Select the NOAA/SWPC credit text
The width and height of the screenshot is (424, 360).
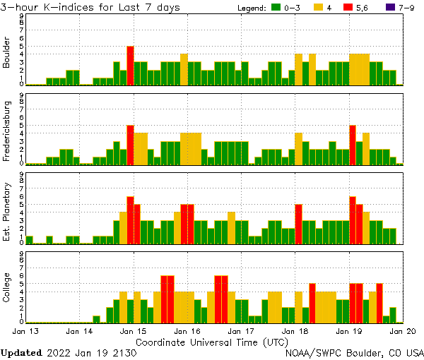pyautogui.click(x=354, y=352)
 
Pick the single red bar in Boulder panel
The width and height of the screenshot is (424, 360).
pyautogui.click(x=130, y=66)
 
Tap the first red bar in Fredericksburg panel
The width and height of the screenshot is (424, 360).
pyautogui.click(x=130, y=145)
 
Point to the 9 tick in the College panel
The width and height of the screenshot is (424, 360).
pyautogui.click(x=22, y=252)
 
